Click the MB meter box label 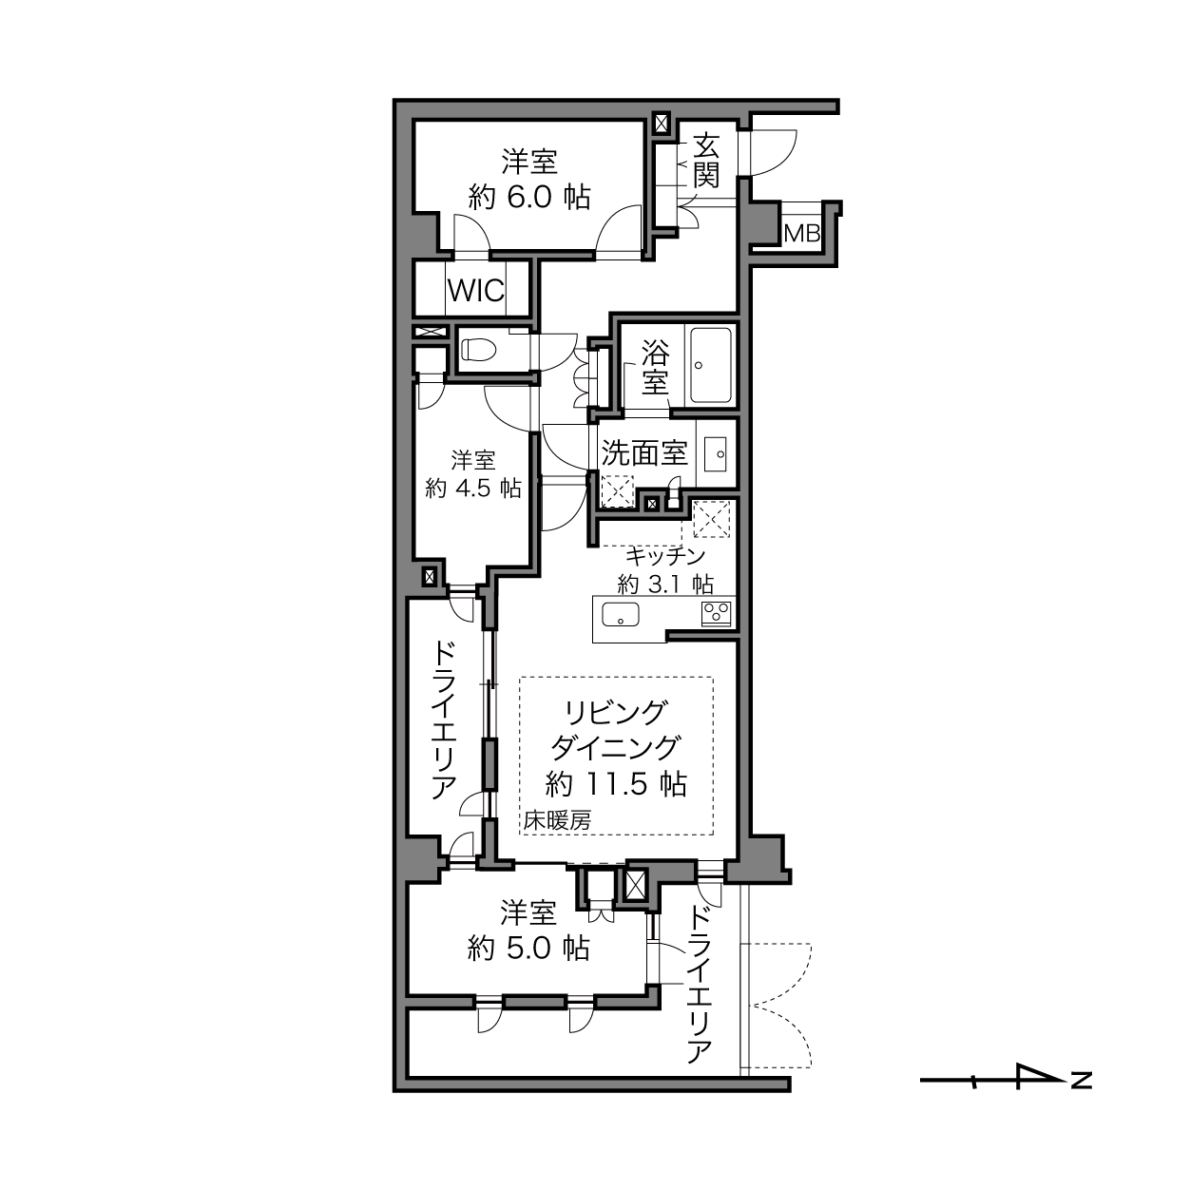pyautogui.click(x=801, y=234)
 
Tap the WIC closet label pyautogui.click(x=475, y=290)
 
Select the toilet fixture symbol pyautogui.click(x=479, y=349)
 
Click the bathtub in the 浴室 pyautogui.click(x=711, y=365)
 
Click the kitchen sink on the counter pyautogui.click(x=620, y=614)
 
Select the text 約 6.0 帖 pyautogui.click(x=529, y=197)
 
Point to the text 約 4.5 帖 pyautogui.click(x=473, y=489)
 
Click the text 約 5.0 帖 pyautogui.click(x=528, y=948)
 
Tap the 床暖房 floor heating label pyautogui.click(x=557, y=820)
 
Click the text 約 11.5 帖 pyautogui.click(x=616, y=784)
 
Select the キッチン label pyautogui.click(x=665, y=556)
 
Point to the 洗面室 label pyautogui.click(x=644, y=452)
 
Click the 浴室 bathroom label pyautogui.click(x=655, y=367)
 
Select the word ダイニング pyautogui.click(x=616, y=748)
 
